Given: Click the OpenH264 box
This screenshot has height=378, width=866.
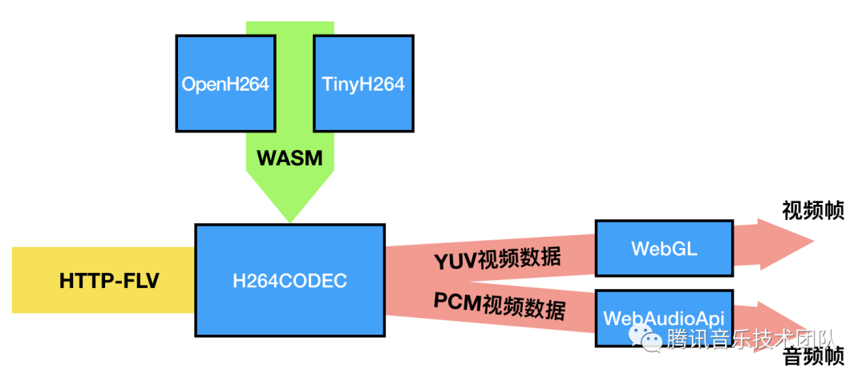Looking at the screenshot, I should pyautogui.click(x=225, y=83).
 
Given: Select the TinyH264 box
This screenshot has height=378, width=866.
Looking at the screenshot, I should pyautogui.click(x=363, y=83).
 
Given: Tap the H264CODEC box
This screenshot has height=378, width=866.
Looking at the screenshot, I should pyautogui.click(x=289, y=280).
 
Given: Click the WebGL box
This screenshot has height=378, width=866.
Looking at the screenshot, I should pyautogui.click(x=664, y=248).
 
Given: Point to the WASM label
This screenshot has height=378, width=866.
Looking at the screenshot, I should pyautogui.click(x=289, y=158).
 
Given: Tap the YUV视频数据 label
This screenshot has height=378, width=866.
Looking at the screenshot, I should pyautogui.click(x=497, y=258).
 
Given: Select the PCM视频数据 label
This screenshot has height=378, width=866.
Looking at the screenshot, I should pyautogui.click(x=499, y=307).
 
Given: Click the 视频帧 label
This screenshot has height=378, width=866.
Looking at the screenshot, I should pyautogui.click(x=812, y=210).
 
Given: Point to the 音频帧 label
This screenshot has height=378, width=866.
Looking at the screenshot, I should pyautogui.click(x=812, y=356).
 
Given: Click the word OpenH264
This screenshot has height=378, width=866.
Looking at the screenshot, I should pyautogui.click(x=225, y=83).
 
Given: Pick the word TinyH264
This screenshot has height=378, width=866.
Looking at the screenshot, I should pyautogui.click(x=363, y=83).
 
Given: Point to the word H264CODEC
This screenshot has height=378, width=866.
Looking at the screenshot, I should pyautogui.click(x=289, y=281).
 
